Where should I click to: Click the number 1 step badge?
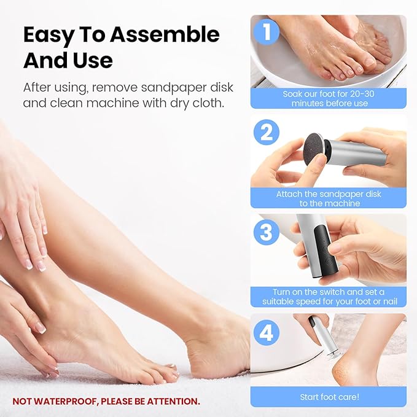[265, 33]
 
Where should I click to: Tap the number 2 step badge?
[265, 132]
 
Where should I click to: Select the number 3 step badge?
[265, 232]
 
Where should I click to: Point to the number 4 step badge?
[265, 332]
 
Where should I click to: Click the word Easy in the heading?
[47, 34]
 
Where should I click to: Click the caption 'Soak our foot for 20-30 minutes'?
[327, 98]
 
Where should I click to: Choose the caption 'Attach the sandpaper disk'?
[327, 198]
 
